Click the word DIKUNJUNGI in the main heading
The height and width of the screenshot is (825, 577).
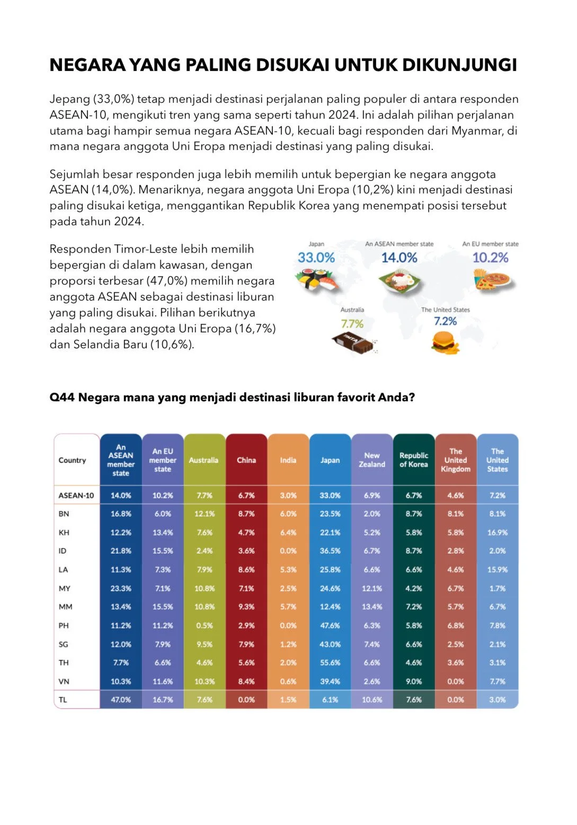point(459,65)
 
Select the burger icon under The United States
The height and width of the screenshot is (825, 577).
point(444,342)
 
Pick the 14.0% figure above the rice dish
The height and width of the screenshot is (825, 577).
point(399,258)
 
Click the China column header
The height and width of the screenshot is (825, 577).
point(246,460)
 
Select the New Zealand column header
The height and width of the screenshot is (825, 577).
point(372,460)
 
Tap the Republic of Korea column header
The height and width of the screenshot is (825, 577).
point(414,460)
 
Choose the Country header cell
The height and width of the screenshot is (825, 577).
point(72,460)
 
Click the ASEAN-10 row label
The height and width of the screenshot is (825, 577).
point(76,495)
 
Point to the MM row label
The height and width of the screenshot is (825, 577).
point(65,607)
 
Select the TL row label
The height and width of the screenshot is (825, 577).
point(63,699)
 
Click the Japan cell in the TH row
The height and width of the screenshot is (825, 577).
point(330,662)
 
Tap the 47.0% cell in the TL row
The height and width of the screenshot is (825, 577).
point(121,699)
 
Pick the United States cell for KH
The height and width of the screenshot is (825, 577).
point(498,532)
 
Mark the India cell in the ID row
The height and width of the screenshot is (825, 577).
point(288,551)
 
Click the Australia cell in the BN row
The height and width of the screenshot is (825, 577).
point(205,514)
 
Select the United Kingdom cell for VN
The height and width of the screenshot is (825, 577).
point(456,681)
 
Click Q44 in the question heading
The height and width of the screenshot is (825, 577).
point(61,397)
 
